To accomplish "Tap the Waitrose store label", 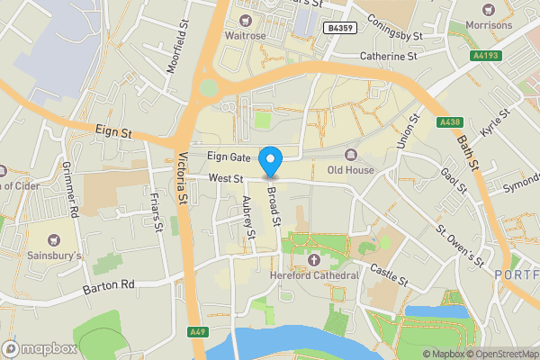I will click(246, 36).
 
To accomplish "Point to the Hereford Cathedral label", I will click(315, 275).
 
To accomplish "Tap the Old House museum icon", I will click(350, 153).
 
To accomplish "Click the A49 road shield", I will click(200, 332).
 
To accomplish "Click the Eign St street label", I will click(113, 131).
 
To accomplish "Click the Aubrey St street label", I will click(248, 221).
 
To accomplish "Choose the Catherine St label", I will click(389, 56).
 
